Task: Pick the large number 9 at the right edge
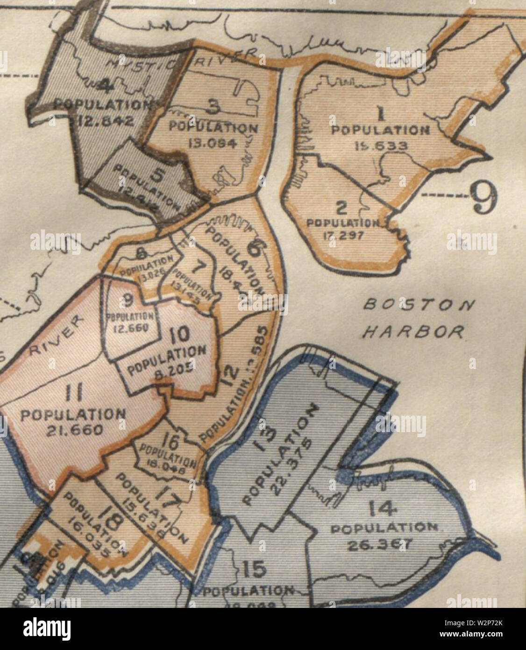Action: point(483,196)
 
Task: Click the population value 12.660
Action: point(131,328)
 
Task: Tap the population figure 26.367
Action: point(377,545)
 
